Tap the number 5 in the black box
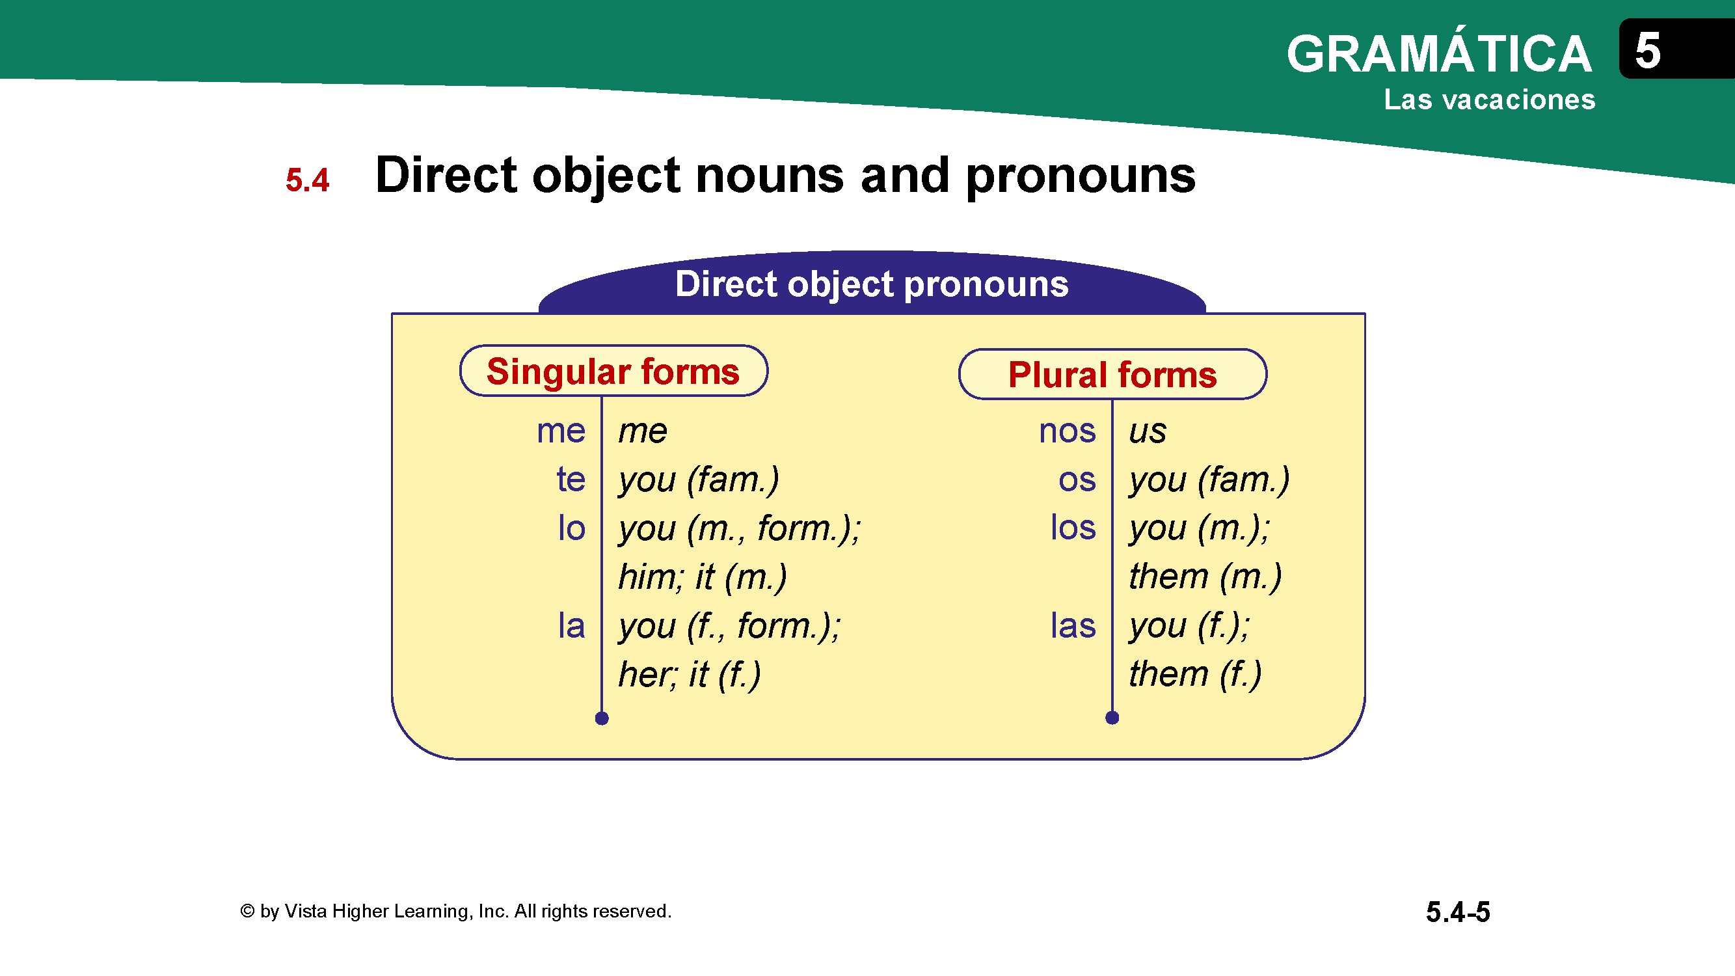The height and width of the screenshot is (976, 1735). (x=1647, y=51)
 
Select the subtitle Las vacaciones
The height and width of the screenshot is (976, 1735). (x=1489, y=100)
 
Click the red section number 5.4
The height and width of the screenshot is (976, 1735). (x=307, y=180)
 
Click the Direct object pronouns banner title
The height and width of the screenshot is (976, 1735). (x=872, y=284)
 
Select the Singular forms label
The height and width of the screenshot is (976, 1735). (x=613, y=372)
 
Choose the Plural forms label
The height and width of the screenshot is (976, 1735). (x=1112, y=375)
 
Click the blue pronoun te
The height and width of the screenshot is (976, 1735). (x=571, y=480)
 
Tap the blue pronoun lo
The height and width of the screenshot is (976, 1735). (x=571, y=528)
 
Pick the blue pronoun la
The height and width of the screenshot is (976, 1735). (x=571, y=625)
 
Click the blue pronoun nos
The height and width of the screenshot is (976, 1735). (x=1068, y=431)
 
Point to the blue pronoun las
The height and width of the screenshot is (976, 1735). (x=1073, y=625)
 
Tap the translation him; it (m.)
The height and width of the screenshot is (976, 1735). (x=703, y=577)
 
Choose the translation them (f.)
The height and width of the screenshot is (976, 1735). (x=1196, y=674)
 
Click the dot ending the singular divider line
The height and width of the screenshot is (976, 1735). (x=602, y=719)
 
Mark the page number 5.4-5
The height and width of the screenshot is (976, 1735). (x=1457, y=912)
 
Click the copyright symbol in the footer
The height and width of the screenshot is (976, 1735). (x=247, y=912)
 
